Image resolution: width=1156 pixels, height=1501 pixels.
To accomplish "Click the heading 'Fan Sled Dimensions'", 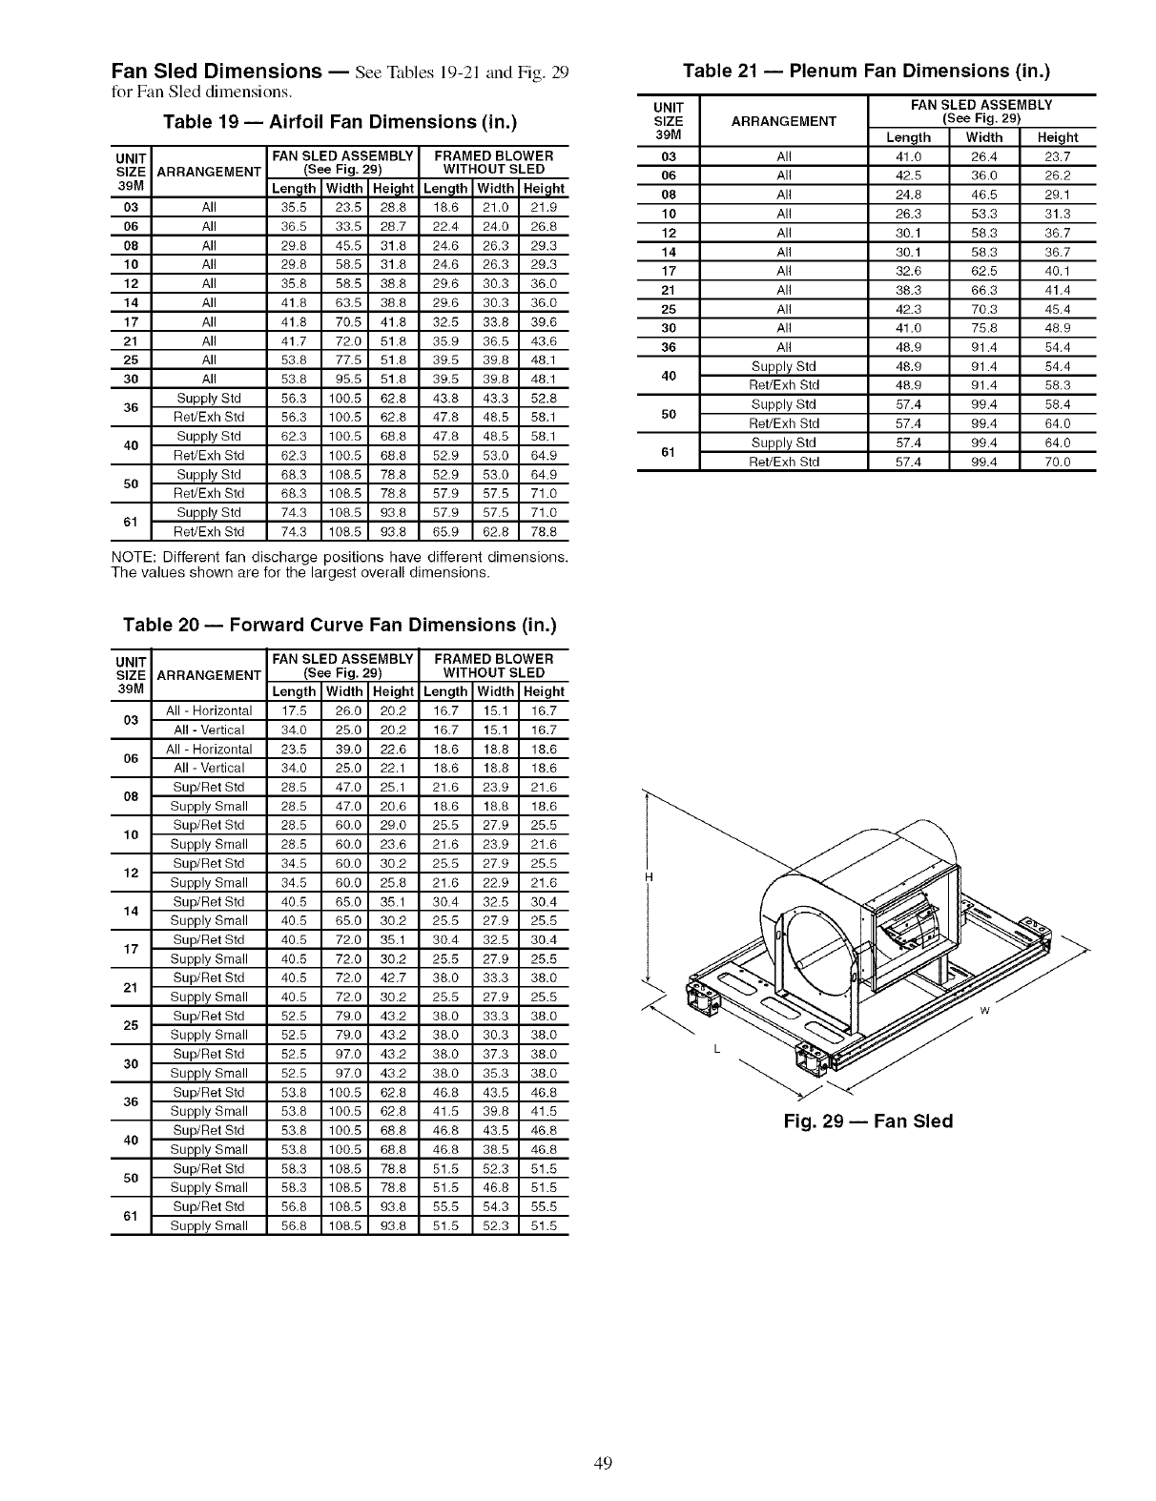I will pos(216,72).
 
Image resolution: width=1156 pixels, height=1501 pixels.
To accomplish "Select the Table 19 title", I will pos(340,123).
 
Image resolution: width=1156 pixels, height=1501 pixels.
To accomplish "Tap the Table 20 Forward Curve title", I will pos(340,626).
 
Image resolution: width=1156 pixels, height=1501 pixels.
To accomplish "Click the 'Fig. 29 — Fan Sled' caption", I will pos(868,1121).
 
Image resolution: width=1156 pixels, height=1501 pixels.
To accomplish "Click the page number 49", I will pos(601,1463).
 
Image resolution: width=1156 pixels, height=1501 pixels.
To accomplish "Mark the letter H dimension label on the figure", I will pos(649,877).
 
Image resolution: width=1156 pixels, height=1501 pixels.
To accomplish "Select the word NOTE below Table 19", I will pos(131,557).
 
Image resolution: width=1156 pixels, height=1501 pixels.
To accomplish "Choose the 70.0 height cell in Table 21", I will pos(1058,463).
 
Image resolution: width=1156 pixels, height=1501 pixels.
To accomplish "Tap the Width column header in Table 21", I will pos(984,137).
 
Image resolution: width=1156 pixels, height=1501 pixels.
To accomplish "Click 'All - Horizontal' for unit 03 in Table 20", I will pos(209,711).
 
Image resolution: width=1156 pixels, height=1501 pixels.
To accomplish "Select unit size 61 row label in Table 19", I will pos(132,523).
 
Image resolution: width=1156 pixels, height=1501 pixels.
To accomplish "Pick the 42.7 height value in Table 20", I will pos(393,978).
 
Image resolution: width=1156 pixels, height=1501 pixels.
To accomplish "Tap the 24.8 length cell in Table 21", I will pos(907,195).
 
